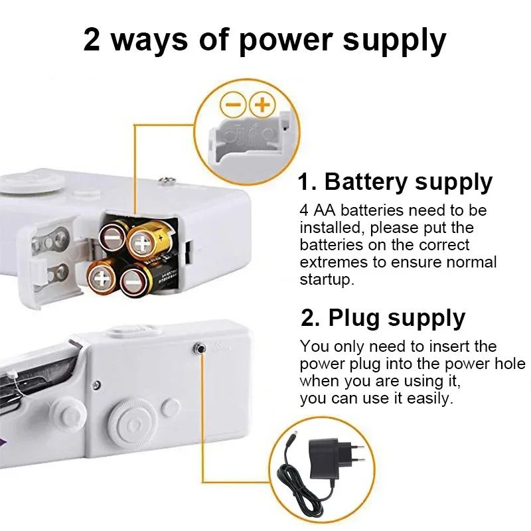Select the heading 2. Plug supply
click(383, 318)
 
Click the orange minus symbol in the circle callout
click(232, 104)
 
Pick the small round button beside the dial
click(170, 406)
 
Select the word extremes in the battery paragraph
click(331, 262)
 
